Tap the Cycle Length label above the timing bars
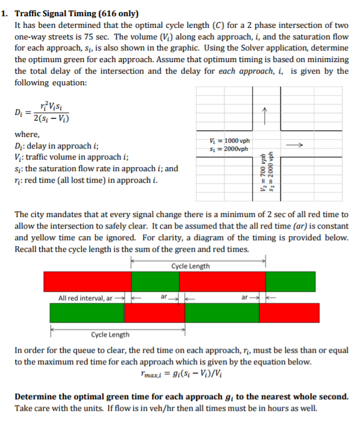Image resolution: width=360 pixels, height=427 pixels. [191, 266]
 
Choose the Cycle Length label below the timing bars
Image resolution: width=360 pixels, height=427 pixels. [110, 334]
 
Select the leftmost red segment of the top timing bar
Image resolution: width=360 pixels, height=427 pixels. [87, 281]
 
